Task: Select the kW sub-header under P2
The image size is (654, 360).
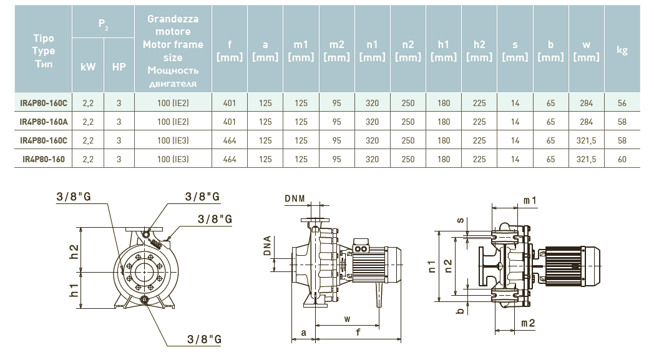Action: [88, 66]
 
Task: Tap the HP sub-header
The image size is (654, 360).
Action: [119, 66]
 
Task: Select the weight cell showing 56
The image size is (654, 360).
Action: [622, 104]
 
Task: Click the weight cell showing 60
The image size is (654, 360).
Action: [622, 160]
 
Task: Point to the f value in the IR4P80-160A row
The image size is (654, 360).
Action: [230, 122]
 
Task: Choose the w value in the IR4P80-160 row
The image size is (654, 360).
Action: [586, 160]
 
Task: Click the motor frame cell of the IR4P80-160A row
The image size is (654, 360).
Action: [173, 122]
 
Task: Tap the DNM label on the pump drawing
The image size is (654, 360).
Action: [295, 198]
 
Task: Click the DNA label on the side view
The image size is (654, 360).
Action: [267, 246]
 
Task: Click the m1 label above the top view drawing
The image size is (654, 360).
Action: [530, 200]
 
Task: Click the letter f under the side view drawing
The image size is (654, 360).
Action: [358, 333]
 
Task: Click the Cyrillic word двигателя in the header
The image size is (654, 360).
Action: [173, 84]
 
